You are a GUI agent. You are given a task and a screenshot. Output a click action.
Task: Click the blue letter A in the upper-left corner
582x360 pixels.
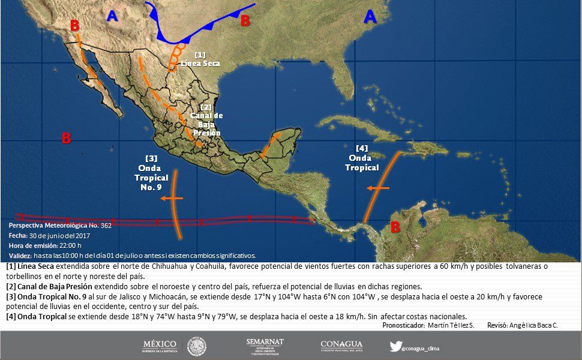point(112,17)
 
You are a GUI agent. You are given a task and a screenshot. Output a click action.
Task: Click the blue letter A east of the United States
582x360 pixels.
point(371,17)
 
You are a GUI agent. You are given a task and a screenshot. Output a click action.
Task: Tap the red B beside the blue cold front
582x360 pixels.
point(245,21)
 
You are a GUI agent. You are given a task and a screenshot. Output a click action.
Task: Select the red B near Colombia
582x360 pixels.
point(395,227)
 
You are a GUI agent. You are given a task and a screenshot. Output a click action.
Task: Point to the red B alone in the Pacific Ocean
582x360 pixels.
point(67,139)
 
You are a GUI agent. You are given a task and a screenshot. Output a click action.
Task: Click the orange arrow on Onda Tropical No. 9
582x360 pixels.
point(171,197)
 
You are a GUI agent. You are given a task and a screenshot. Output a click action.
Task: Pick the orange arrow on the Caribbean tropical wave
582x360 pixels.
point(378,188)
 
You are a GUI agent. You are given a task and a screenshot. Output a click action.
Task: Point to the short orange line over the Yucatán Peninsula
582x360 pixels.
point(270,146)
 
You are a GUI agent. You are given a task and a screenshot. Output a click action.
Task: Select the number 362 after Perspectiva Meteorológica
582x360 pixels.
point(106,226)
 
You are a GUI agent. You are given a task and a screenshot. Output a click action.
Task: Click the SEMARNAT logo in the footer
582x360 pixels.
point(265,346)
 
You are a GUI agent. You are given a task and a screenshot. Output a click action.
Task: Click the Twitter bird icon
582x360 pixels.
point(395,346)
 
